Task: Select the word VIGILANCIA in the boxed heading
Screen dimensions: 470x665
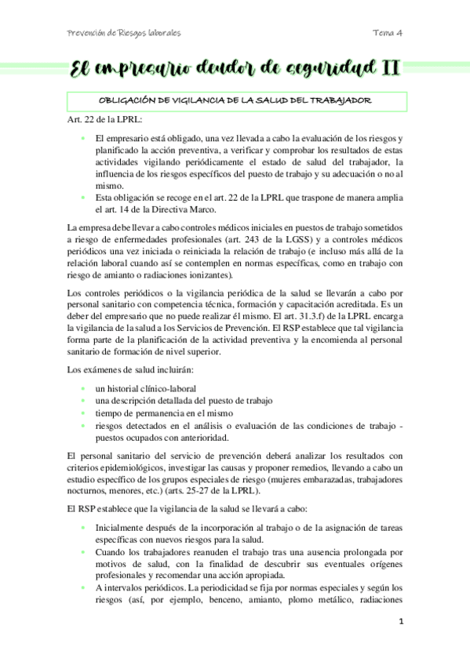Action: [199, 102]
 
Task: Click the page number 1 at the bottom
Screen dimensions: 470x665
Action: [400, 622]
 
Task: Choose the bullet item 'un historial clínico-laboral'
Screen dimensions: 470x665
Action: [145, 388]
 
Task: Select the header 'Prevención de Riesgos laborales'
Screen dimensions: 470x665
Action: [123, 34]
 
